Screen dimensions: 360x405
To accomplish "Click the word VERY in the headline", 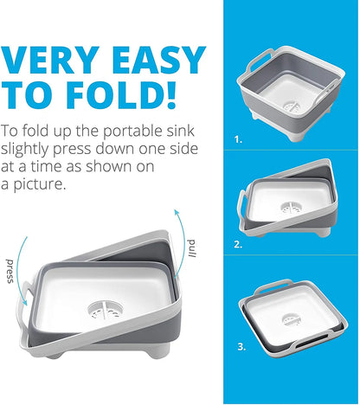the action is point(50,61).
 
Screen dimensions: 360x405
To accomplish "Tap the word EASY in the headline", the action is point(158,61).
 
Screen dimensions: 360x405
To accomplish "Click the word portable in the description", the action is point(133,132).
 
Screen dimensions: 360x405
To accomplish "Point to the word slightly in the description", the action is point(24,150).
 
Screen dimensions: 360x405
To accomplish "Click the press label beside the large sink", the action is point(10,271).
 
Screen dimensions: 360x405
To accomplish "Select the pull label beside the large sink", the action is point(192,248).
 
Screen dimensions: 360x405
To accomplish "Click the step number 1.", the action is point(238,140).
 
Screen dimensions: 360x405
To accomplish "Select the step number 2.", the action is point(238,245).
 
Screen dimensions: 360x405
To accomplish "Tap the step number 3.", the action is point(241,347).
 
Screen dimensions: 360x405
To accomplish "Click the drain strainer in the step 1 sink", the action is point(292,106).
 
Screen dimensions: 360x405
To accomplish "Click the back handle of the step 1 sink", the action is point(260,58).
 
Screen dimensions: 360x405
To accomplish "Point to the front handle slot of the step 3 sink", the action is point(312,344).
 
